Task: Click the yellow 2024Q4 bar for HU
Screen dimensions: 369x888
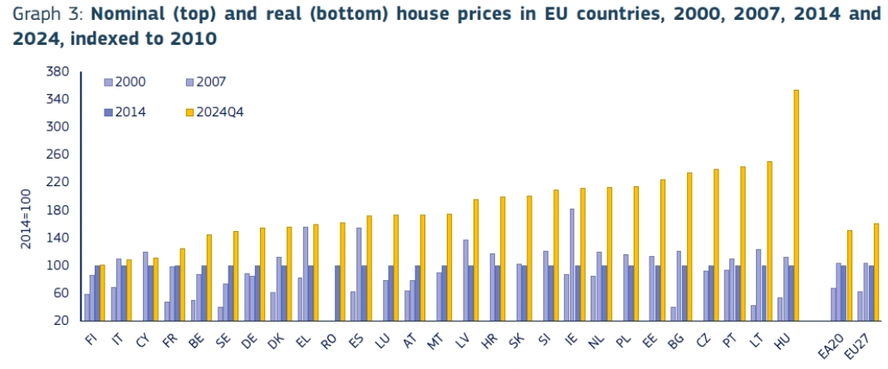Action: (x=796, y=204)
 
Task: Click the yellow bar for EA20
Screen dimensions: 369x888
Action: (x=849, y=275)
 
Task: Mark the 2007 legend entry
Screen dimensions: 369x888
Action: (x=208, y=81)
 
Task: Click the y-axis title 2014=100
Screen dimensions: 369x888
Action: (x=25, y=217)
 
